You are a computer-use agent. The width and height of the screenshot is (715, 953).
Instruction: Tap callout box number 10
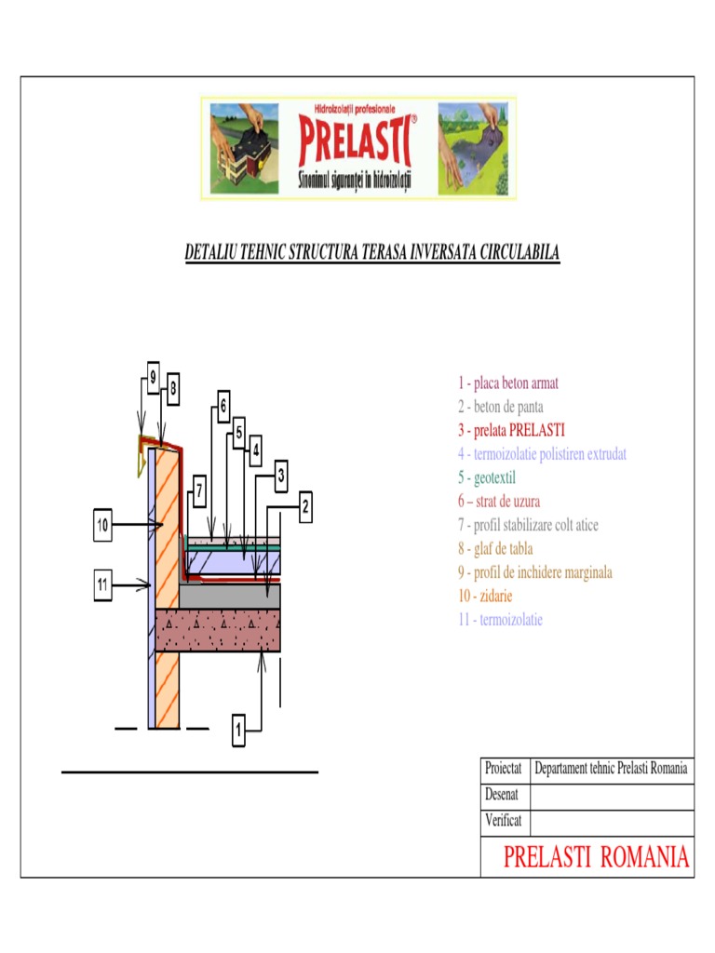pos(103,527)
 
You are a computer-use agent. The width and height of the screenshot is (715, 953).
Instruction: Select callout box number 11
pos(103,584)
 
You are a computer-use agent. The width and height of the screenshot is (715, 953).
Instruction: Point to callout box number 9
pos(153,379)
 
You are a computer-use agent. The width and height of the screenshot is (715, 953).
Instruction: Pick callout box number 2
pos(304,507)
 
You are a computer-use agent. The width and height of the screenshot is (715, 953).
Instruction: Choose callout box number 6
pos(223,406)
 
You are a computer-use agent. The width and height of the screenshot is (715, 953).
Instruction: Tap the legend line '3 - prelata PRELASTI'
pos(510,430)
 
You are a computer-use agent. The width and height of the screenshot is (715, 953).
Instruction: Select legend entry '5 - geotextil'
pos(485,477)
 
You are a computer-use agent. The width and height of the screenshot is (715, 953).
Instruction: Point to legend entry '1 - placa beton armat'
pos(507,383)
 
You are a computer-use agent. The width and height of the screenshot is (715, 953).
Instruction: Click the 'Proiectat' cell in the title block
pos(504,770)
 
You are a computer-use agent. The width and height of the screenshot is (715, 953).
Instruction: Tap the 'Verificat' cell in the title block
pos(504,821)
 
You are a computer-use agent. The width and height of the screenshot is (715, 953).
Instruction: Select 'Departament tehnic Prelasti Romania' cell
pos(611,770)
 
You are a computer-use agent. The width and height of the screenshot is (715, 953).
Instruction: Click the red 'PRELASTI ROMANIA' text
pos(596,857)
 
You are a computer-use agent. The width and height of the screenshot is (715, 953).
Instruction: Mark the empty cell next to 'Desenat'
pos(611,796)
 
